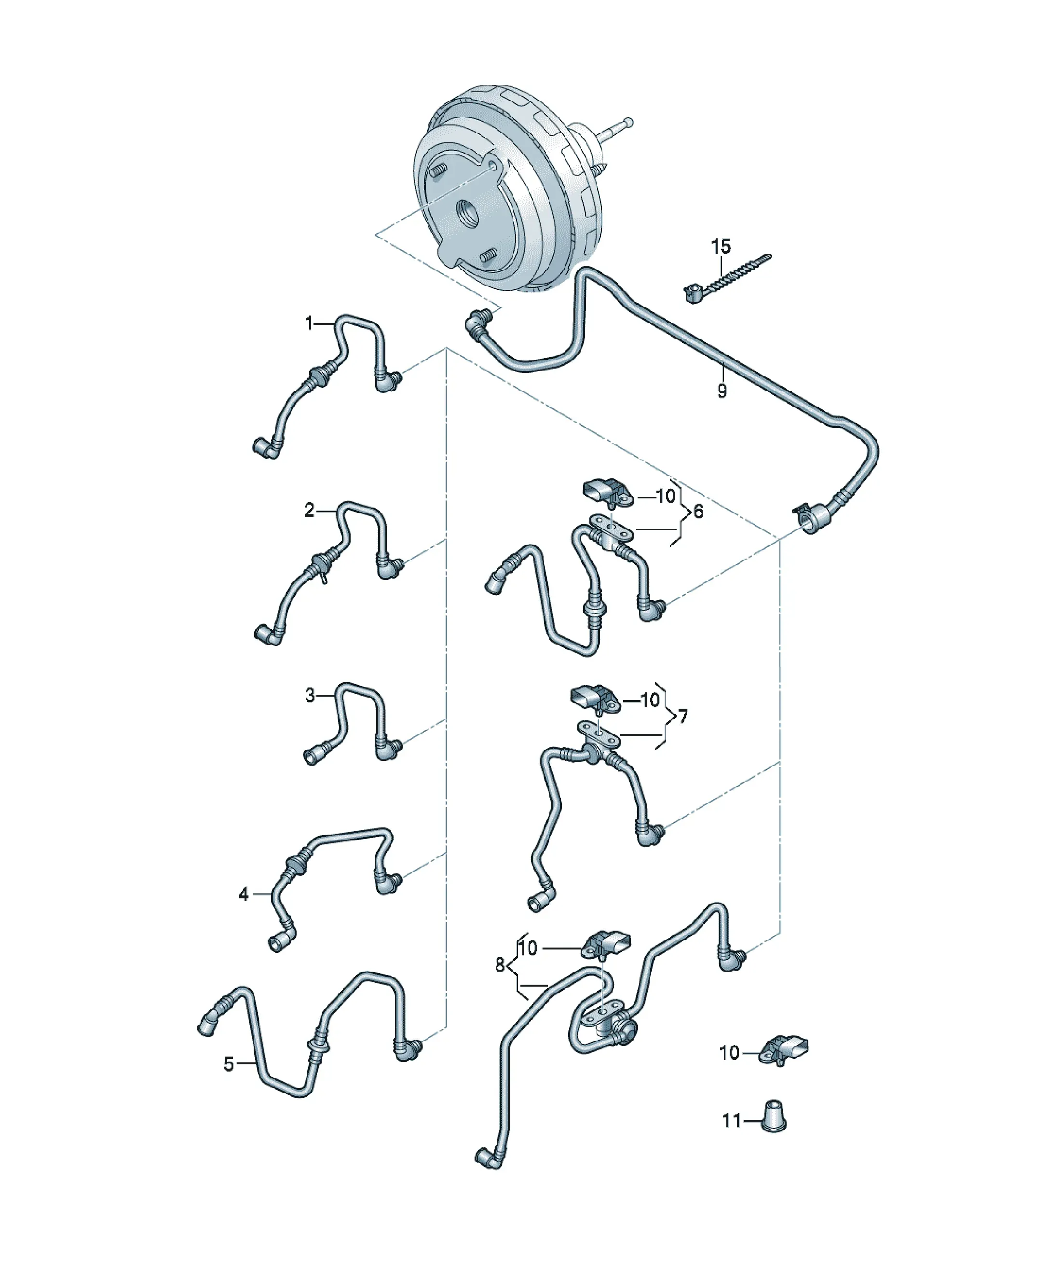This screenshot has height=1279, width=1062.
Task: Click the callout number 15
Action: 721,247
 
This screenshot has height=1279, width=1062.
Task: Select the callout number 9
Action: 722,390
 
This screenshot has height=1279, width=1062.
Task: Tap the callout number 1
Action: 309,323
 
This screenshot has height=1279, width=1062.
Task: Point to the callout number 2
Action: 309,510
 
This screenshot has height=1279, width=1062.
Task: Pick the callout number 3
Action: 310,694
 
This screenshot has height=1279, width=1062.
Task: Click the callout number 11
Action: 731,1121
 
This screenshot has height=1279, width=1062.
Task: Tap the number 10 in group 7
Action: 650,701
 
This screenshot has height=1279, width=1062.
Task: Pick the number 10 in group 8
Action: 529,949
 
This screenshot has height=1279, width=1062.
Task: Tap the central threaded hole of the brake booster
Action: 469,214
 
